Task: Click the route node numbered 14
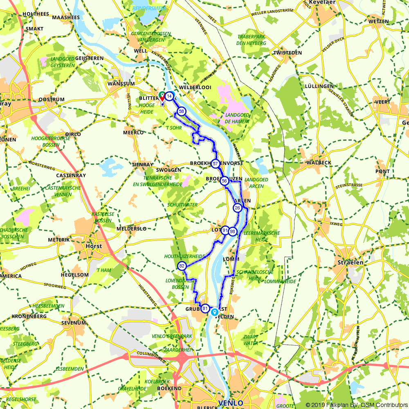tap(169, 96)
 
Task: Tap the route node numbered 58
tap(181, 111)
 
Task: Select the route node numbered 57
tap(215, 164)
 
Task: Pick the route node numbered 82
tap(182, 266)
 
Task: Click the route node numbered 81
tap(205, 308)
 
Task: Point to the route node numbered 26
tap(237, 208)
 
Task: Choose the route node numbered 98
tap(232, 231)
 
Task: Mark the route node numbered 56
tap(224, 181)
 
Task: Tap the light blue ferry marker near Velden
tap(214, 312)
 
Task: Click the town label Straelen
tap(348, 262)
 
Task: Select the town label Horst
tap(94, 246)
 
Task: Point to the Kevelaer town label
tap(323, 2)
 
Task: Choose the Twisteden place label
tap(288, 53)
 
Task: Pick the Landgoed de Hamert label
tap(237, 118)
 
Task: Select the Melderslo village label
tap(131, 229)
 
